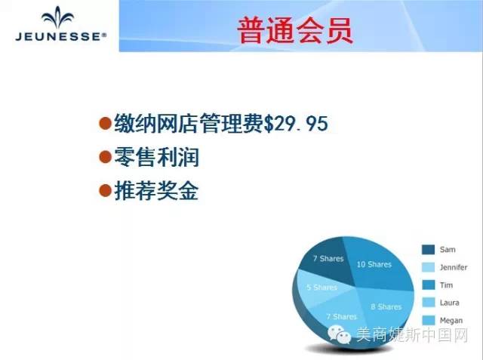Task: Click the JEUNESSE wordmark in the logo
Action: point(60,37)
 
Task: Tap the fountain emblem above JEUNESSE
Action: point(58,17)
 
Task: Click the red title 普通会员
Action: point(295,30)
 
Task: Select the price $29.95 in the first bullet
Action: point(296,124)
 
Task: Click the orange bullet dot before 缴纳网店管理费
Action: point(105,123)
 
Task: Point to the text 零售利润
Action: point(157,157)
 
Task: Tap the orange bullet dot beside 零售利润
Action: point(105,157)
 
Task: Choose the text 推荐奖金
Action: point(156,191)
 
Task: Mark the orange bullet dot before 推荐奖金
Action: point(105,190)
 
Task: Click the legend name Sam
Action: point(448,250)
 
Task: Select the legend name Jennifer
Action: point(454,267)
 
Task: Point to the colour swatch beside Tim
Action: point(428,285)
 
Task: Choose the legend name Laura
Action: point(450,303)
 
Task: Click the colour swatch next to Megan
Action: point(428,320)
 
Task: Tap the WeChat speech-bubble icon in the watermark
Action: point(340,335)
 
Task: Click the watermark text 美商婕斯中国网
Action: point(412,335)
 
